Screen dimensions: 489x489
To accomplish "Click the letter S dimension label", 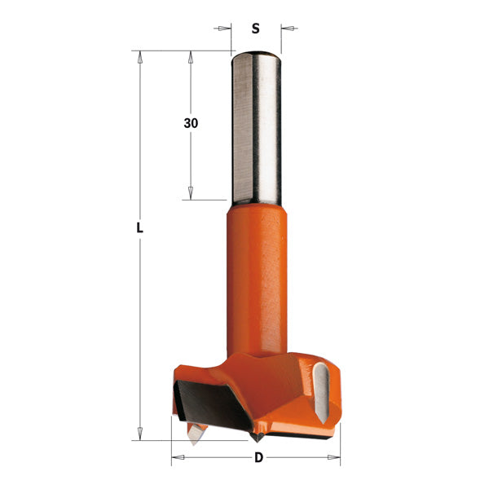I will click(x=255, y=29).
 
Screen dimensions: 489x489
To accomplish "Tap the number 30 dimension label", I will click(x=191, y=123).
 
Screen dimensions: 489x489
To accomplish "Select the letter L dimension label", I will click(x=139, y=229).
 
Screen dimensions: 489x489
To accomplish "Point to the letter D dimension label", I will click(x=258, y=457).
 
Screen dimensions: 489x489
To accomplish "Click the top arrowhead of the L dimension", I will click(x=139, y=57).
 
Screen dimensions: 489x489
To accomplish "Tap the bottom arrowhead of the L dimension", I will click(x=139, y=434).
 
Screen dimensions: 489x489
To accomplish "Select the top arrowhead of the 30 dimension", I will click(x=191, y=57).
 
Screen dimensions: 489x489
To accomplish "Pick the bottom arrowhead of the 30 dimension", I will click(x=191, y=194).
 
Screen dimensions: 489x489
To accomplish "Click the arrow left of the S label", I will click(x=225, y=29).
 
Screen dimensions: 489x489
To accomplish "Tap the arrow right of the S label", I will click(x=287, y=29).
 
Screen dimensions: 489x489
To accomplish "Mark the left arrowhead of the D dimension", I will click(x=176, y=457).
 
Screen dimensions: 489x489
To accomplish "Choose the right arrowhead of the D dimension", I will click(x=335, y=457).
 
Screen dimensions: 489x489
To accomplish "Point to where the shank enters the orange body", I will click(x=255, y=203).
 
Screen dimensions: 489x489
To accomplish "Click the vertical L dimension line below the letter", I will click(x=139, y=326).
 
